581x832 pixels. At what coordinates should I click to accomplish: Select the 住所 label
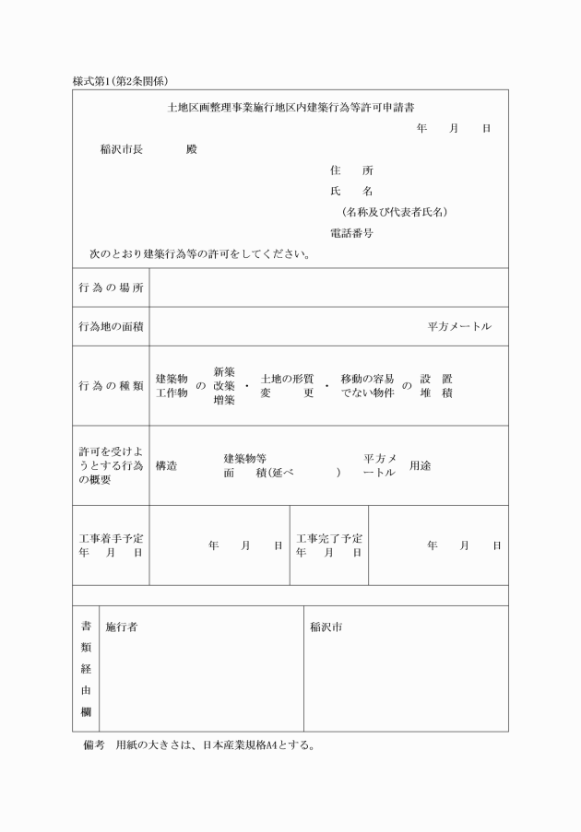coord(351,170)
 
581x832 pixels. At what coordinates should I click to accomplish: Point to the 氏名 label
coord(351,192)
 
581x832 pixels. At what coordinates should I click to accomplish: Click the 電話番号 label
coord(351,233)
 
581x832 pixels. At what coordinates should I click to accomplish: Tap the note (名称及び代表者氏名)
coord(393,212)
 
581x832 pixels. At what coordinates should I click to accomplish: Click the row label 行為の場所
coord(111,287)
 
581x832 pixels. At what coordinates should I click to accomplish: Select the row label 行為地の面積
coord(111,327)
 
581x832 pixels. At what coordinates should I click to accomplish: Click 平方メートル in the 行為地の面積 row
coord(459,327)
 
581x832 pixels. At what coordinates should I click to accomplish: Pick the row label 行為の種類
coord(111,386)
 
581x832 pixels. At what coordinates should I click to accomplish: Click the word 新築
coord(224,371)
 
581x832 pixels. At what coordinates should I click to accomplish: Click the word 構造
coord(167,465)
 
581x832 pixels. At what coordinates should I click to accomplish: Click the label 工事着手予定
coord(111,538)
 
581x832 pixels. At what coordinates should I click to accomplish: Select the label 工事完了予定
coord(329,538)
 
